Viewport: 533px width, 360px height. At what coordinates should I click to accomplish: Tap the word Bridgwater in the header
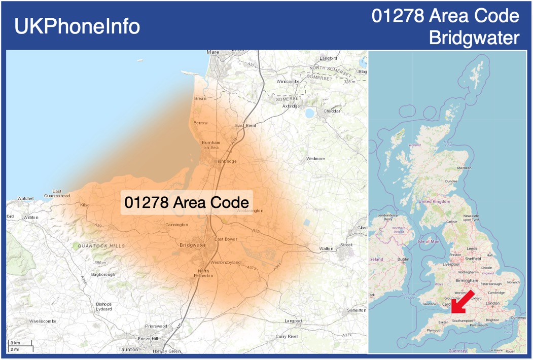[474, 38]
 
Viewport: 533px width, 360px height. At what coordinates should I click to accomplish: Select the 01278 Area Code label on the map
[186, 202]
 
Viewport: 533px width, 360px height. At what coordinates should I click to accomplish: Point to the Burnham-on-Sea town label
[211, 145]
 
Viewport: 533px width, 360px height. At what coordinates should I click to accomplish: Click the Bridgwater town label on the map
[193, 245]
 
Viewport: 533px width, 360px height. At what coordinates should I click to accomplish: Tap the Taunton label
[128, 349]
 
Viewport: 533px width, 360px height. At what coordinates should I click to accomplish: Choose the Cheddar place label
[332, 111]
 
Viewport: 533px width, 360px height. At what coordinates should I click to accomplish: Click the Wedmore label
[315, 159]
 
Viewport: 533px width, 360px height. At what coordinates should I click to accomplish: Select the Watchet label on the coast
[26, 198]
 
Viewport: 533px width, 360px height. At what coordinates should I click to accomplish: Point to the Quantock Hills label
[101, 246]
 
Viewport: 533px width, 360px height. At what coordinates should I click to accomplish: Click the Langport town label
[293, 321]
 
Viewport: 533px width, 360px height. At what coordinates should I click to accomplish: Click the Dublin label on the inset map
[403, 259]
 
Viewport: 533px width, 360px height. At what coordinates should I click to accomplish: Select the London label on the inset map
[493, 303]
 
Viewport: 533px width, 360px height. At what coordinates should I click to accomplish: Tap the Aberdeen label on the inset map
[464, 167]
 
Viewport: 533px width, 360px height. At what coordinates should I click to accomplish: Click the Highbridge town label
[225, 161]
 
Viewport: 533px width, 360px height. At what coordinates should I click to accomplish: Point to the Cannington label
[177, 225]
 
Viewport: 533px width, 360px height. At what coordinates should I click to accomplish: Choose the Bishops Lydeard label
[104, 306]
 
